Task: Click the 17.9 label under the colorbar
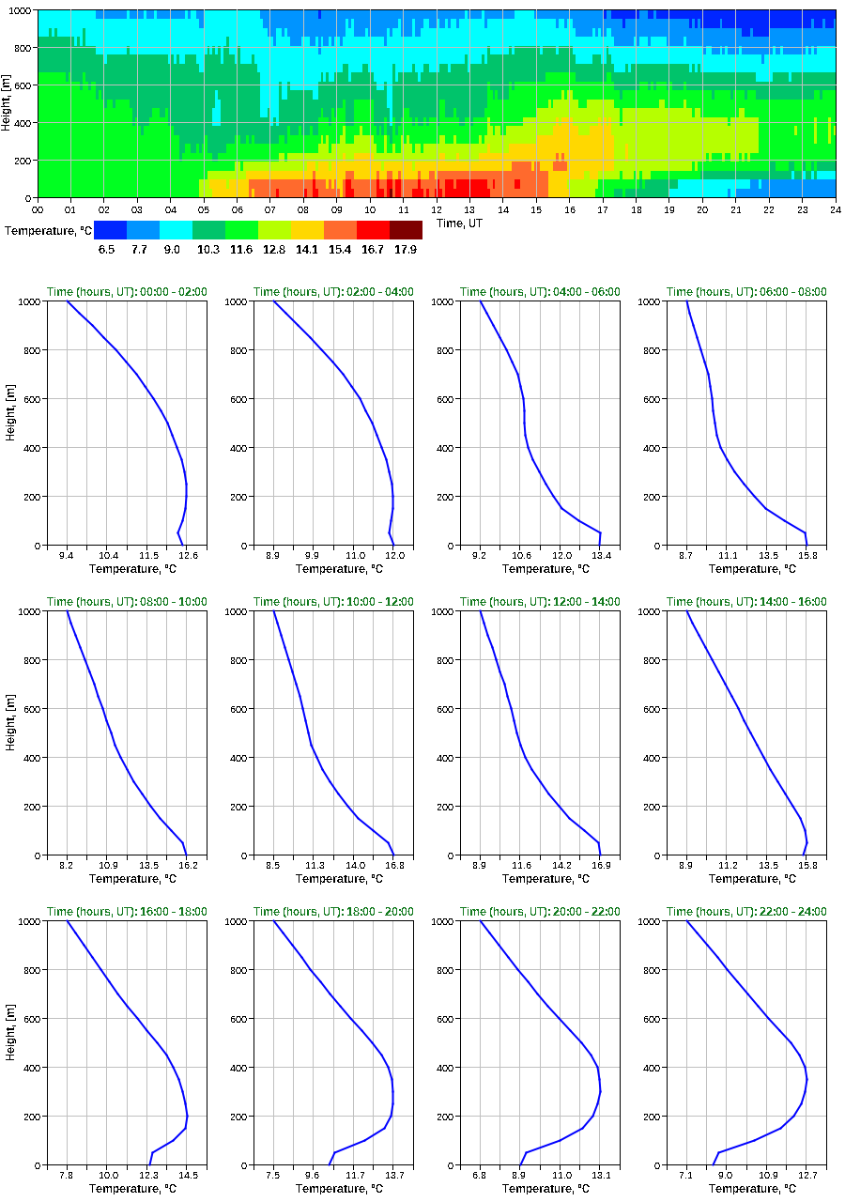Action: pos(406,250)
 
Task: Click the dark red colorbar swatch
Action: pos(406,230)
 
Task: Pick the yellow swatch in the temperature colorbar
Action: pos(307,230)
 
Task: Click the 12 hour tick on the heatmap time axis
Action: pos(437,208)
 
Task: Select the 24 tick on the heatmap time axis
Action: pos(835,208)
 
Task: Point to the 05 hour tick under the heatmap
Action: pos(204,208)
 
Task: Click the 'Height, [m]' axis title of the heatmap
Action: pos(7,103)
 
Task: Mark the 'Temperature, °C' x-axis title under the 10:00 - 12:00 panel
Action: pos(333,879)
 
